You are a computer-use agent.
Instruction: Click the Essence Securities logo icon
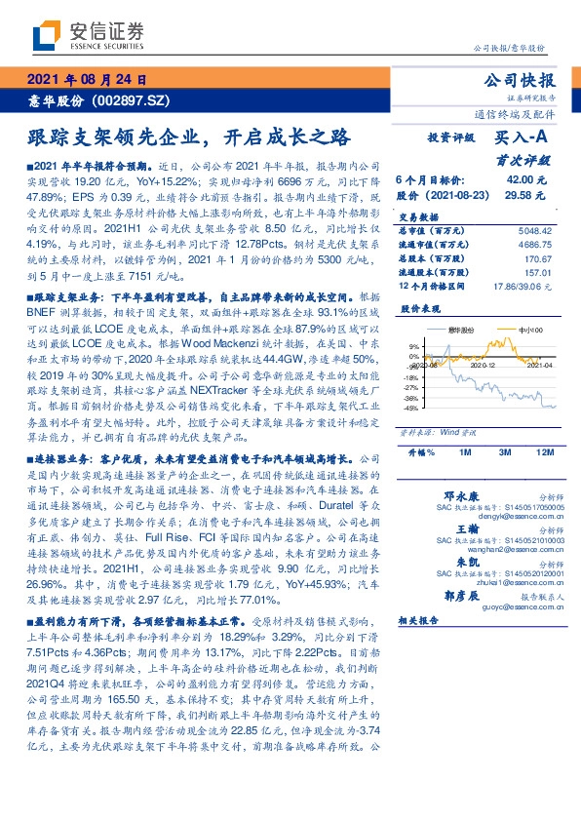coord(47,36)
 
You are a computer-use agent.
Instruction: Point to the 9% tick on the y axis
coord(413,346)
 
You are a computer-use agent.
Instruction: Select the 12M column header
coord(544,452)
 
